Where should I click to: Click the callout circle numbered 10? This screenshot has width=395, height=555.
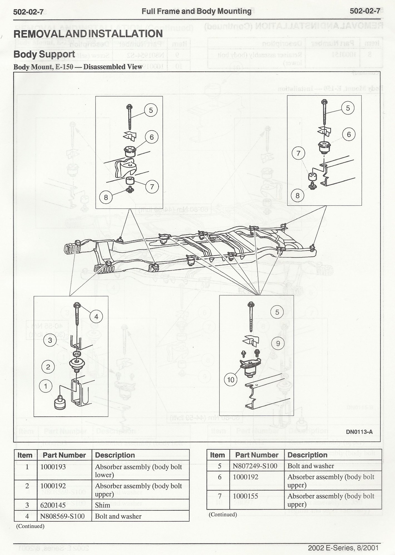(231, 380)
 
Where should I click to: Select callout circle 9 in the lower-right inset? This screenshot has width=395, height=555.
(278, 343)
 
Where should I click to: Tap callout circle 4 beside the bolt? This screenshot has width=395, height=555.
(96, 316)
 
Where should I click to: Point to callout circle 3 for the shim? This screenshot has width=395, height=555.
(50, 340)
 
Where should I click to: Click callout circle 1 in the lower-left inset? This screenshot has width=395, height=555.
(46, 386)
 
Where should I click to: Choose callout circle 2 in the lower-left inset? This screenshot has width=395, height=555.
(48, 367)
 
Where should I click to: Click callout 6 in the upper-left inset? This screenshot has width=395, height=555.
(152, 137)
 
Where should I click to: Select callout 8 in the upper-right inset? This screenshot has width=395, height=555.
(297, 195)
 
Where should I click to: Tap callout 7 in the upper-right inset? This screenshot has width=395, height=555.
(298, 153)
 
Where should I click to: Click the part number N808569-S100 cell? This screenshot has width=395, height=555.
(62, 516)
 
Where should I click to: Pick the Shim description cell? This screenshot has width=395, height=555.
(102, 505)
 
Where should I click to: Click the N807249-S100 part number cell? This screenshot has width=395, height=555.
(255, 466)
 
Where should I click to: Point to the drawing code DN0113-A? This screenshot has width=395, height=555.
(359, 432)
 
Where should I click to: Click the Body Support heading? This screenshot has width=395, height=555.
(44, 54)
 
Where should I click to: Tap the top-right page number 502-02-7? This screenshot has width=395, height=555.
(365, 11)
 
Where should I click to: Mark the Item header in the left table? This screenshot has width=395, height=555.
(25, 455)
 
